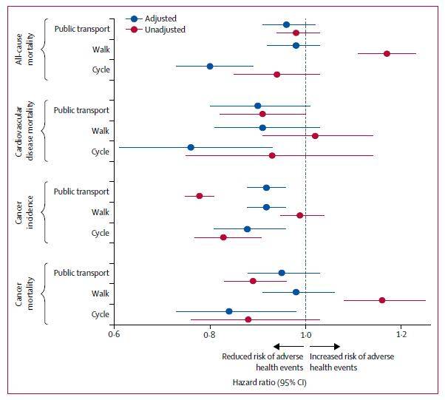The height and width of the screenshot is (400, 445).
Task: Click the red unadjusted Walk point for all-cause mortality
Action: [x=387, y=53]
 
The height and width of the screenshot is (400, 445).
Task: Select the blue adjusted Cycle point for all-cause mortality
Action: [x=210, y=66]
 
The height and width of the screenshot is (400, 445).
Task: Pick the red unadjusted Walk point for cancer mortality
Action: [x=382, y=300]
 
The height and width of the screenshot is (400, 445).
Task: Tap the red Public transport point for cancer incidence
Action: [x=200, y=196]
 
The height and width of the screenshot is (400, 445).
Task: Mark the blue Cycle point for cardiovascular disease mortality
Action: [x=191, y=147]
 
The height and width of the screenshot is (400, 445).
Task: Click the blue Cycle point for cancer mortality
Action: [x=229, y=311]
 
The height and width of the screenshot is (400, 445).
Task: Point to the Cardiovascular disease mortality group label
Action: [x=25, y=130]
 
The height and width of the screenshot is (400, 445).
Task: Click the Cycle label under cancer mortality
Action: [x=100, y=314]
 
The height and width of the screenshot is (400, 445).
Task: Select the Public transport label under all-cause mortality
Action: [x=82, y=29]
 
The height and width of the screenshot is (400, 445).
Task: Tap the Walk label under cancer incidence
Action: [x=100, y=212]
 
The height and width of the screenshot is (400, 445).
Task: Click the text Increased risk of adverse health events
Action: [x=351, y=362]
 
